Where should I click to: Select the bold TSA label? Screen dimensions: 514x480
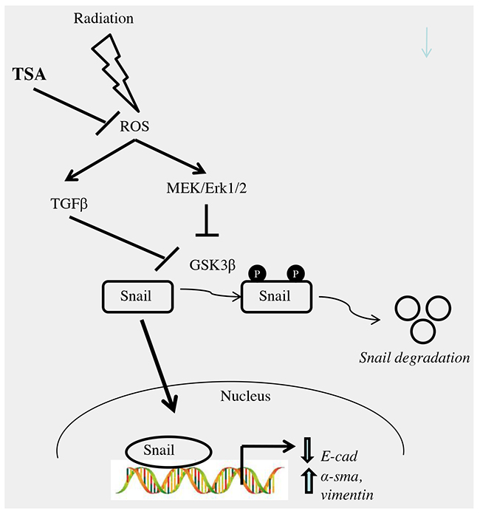28,74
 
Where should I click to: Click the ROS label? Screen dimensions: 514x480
134,127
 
